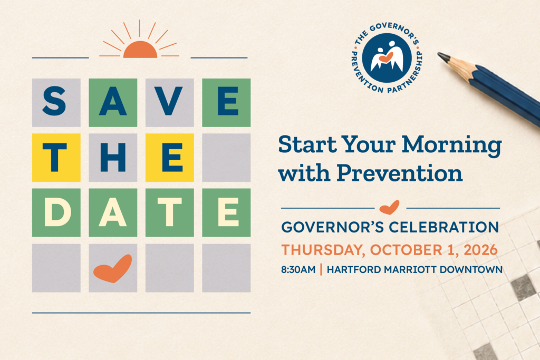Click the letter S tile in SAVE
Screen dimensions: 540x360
pos(56,103)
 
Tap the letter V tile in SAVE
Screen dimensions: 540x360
pos(169,103)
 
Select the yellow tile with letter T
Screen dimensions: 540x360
pos(56,158)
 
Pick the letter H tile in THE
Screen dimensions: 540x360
pos(113,158)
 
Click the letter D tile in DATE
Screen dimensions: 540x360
pos(56,213)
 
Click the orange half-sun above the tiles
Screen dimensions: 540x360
pos(140,50)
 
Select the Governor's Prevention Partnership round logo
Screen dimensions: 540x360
pos(387,58)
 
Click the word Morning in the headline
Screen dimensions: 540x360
pos(451,144)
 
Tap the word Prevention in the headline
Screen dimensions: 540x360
pos(400,173)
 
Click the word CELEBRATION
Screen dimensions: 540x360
pos(444,227)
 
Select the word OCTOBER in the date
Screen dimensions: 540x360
pos(406,250)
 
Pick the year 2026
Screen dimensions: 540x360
pos(480,250)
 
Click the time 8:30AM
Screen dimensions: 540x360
pos(298,269)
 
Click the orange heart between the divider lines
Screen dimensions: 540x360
pos(390,207)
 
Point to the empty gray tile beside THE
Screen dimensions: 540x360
pos(226,158)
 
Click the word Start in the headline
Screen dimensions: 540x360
pos(307,144)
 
